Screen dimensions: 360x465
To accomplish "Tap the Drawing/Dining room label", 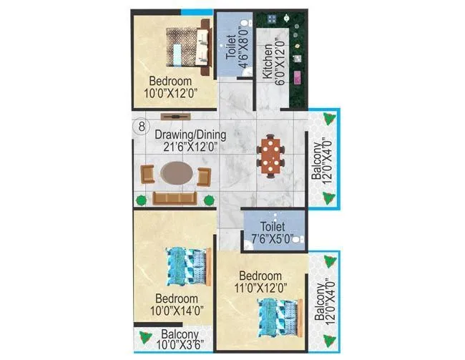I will click(x=192, y=135).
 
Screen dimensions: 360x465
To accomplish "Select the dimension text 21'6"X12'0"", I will click(x=190, y=147).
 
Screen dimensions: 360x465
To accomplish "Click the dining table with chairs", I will click(x=271, y=154).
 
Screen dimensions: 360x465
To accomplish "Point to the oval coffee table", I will click(x=175, y=173).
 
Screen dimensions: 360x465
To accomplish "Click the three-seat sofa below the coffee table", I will click(x=175, y=198).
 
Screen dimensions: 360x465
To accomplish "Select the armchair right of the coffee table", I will click(x=204, y=174).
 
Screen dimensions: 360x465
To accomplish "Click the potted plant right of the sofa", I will click(x=209, y=200).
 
